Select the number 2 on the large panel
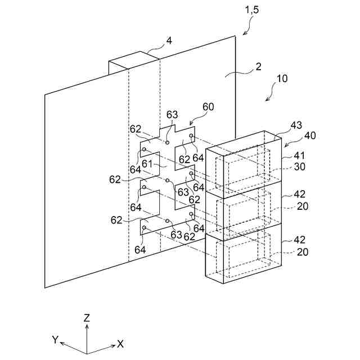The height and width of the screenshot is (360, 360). click(x=258, y=67)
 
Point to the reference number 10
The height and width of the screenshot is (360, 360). click(x=281, y=79)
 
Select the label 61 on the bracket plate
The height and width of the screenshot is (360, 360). click(x=147, y=164)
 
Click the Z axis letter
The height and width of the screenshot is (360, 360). click(x=87, y=318)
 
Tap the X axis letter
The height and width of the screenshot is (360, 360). click(x=120, y=344)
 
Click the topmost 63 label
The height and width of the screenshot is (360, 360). click(x=172, y=115)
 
